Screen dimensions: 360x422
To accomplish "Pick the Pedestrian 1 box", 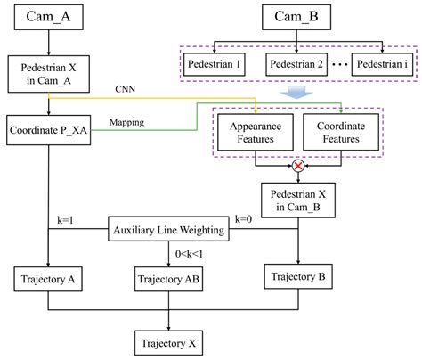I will [218, 64].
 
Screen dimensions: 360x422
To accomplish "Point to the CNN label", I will [126, 89].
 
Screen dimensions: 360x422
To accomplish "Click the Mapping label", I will [129, 122].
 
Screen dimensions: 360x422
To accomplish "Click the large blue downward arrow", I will [296, 94].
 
